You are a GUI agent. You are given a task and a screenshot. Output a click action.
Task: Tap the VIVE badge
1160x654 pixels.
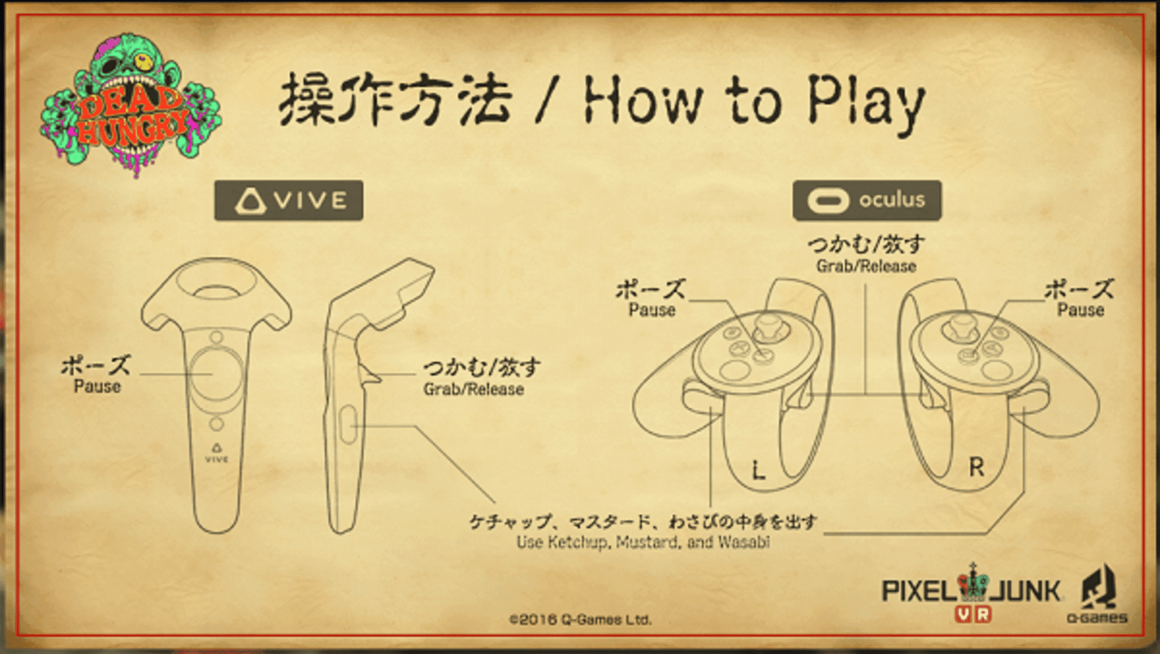point(289,200)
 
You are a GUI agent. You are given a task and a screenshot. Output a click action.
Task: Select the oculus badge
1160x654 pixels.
point(867,200)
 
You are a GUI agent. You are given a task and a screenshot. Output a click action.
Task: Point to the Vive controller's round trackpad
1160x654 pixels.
point(216,374)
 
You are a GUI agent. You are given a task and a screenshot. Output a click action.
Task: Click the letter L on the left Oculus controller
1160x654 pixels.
point(758,470)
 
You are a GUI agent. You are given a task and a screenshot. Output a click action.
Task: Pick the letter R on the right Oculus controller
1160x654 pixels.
point(977,467)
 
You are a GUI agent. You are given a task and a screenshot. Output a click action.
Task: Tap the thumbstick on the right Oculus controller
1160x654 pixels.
point(960,325)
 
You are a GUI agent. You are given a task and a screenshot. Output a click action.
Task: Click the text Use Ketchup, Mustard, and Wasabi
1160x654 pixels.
point(643,542)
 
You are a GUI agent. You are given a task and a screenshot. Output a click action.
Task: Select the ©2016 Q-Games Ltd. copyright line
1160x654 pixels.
point(580,619)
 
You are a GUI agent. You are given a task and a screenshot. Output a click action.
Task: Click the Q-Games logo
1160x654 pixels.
point(1097,594)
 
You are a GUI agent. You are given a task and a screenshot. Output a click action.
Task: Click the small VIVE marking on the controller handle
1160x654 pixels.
point(216,454)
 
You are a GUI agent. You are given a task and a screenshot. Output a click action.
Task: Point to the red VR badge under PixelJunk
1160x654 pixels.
point(973,614)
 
